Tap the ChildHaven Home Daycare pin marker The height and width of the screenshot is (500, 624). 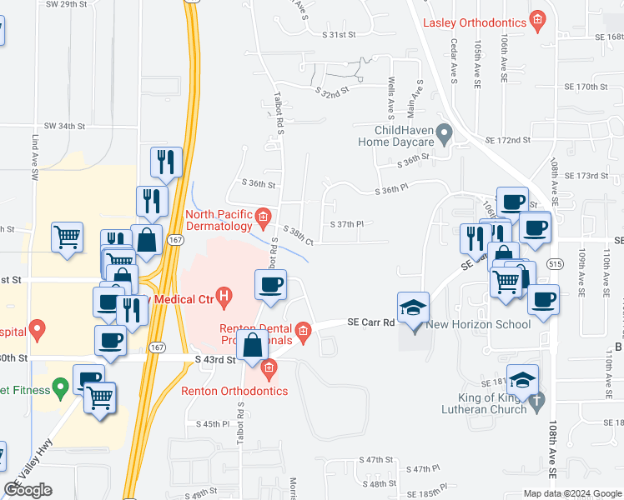pyautogui.click(x=445, y=132)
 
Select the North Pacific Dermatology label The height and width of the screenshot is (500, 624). pyautogui.click(x=218, y=220)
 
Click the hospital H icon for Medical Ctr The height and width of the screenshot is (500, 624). pyautogui.click(x=224, y=294)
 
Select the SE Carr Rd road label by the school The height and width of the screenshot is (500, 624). pyautogui.click(x=370, y=322)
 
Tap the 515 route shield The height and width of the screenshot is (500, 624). pyautogui.click(x=556, y=263)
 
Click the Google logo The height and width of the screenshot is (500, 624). pyautogui.click(x=28, y=490)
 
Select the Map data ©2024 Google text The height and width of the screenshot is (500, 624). pyautogui.click(x=571, y=493)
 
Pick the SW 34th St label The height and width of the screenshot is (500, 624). pyautogui.click(x=65, y=126)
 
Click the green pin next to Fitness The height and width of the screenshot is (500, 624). pyautogui.click(x=59, y=387)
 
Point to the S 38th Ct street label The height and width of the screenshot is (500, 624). pyautogui.click(x=297, y=236)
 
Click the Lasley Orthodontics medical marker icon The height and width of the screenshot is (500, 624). pyautogui.click(x=539, y=19)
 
